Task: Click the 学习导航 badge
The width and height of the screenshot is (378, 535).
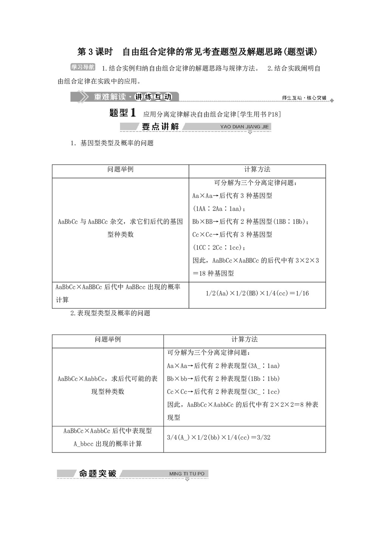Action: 83,67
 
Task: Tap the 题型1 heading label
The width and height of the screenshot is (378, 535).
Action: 122,113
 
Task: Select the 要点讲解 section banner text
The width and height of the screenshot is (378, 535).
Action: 160,127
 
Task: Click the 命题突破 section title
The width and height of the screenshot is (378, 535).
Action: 98,473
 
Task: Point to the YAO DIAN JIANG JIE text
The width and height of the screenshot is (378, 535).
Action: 244,127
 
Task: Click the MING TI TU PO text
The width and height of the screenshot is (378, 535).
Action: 187,474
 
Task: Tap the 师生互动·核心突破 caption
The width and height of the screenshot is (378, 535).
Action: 304,98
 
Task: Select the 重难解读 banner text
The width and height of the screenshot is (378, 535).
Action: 110,97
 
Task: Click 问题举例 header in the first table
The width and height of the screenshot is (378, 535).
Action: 120,170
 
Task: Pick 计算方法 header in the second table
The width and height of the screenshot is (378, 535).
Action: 245,339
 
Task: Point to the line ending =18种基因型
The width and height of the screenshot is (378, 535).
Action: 213,273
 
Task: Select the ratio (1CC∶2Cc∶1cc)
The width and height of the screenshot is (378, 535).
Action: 219,247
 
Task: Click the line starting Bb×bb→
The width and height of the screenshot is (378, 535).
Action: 223,379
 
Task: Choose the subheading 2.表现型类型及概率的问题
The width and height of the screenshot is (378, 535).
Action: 110,313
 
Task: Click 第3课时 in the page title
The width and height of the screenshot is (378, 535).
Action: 95,52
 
